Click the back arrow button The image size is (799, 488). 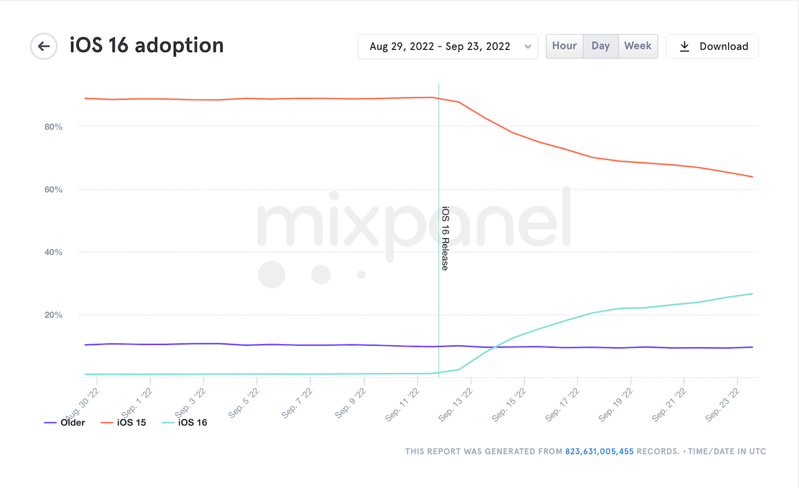click(44, 47)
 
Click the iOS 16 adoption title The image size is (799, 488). click(146, 46)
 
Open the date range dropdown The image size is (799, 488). click(447, 47)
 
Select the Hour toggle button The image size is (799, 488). click(565, 46)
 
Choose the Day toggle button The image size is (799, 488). click(601, 46)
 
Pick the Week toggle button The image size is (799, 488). click(638, 46)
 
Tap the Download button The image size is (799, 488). click(712, 47)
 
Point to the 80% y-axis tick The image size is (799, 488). click(53, 126)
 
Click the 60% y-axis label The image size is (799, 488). click(53, 190)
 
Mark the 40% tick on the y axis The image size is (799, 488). click(53, 252)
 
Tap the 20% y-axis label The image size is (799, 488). click(53, 315)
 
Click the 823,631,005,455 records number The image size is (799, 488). click(599, 451)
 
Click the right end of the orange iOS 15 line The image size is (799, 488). click(752, 176)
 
